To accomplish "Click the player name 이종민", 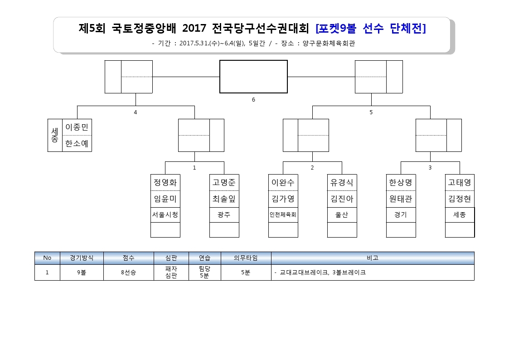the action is [77, 127].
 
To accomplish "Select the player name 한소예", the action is [77, 143].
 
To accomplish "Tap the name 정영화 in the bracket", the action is [165, 182].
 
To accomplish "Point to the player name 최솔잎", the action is [224, 199].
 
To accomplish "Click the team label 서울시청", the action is [165, 214].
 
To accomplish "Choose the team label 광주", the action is [224, 214].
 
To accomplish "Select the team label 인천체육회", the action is [283, 214].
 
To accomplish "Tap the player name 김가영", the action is [283, 199].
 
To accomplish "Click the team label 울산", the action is [342, 214].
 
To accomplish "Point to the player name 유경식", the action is [342, 182].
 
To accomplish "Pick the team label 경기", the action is [401, 214].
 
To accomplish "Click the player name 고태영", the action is [460, 182].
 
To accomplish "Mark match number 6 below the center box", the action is [253, 100].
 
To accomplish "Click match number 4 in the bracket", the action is [136, 112].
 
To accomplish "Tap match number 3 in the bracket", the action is [430, 168].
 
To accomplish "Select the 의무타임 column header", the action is [246, 258].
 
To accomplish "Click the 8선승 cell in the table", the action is [129, 272].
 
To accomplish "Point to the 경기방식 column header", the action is [82, 258].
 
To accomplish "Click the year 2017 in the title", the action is [194, 28].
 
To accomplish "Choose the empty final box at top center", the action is [253, 77].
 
